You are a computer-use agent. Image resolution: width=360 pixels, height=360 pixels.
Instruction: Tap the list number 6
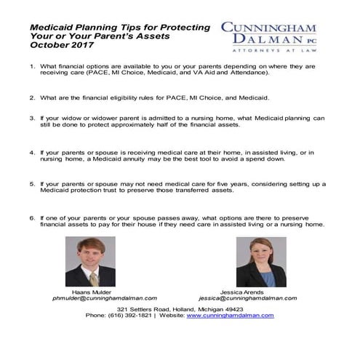[x=32, y=217]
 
